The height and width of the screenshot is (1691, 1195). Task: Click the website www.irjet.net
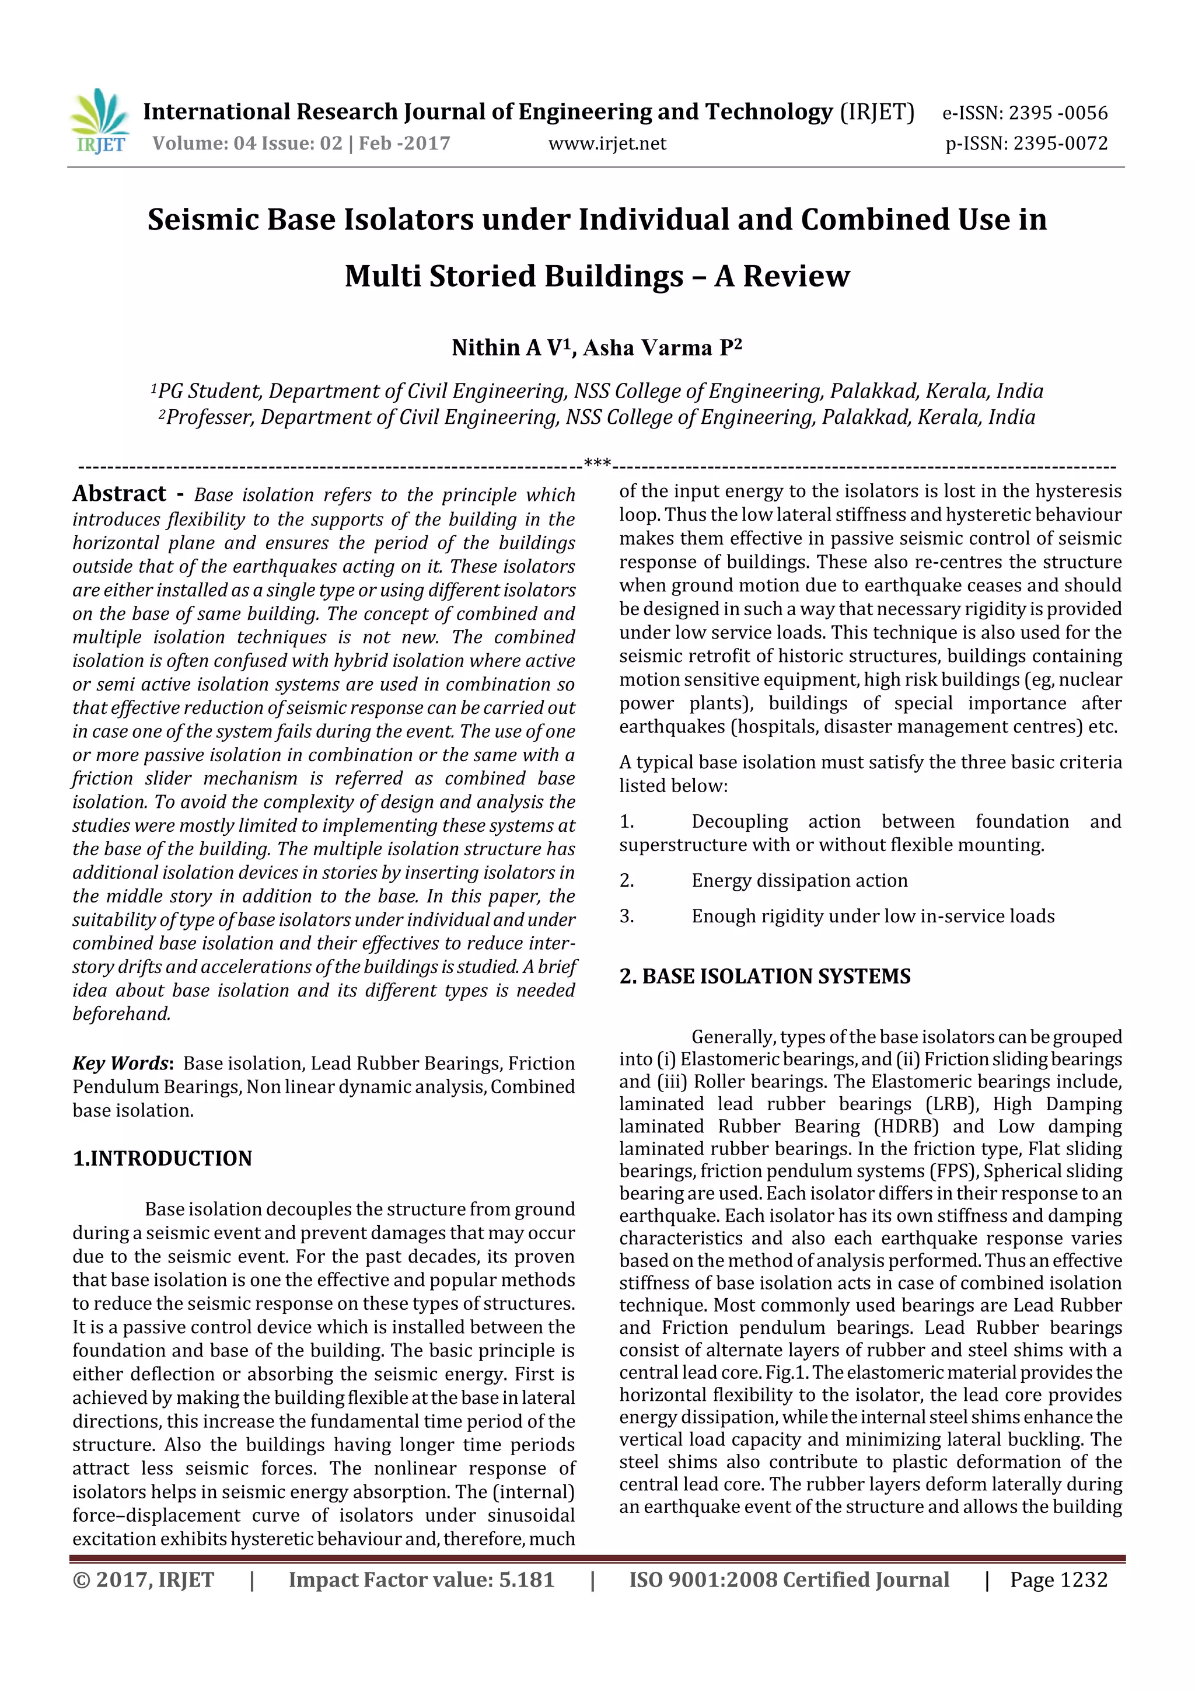[x=607, y=144]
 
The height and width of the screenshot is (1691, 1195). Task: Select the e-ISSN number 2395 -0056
[x=1057, y=113]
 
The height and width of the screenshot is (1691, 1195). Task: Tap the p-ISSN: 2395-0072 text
[x=1026, y=144]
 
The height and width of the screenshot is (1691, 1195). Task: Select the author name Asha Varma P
[x=661, y=348]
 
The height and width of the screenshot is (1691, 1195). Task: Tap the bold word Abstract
[x=119, y=493]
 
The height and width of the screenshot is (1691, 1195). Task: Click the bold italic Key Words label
[x=121, y=1064]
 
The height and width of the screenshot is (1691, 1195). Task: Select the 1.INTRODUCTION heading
[x=162, y=1159]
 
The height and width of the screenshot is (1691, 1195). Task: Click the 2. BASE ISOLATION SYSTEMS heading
[x=764, y=977]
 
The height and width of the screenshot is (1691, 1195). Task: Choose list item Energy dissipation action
[x=799, y=881]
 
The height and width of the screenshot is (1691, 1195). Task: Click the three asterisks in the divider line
[x=597, y=463]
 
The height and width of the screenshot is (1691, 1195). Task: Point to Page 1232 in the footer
[x=1058, y=1580]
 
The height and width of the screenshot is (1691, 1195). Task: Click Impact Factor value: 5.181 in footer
[x=421, y=1580]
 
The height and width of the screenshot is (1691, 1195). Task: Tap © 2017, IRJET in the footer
[x=144, y=1580]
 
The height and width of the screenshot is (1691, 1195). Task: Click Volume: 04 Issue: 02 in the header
[x=247, y=144]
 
